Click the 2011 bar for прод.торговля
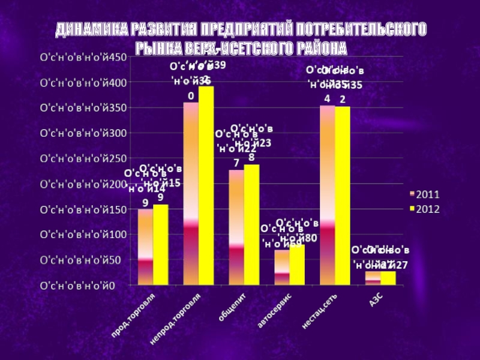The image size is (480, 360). (x=145, y=247)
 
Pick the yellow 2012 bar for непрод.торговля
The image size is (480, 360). (x=206, y=185)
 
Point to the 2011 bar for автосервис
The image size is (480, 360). (x=282, y=267)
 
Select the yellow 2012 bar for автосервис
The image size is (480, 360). (x=297, y=265)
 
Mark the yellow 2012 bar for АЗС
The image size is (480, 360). (x=388, y=278)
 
